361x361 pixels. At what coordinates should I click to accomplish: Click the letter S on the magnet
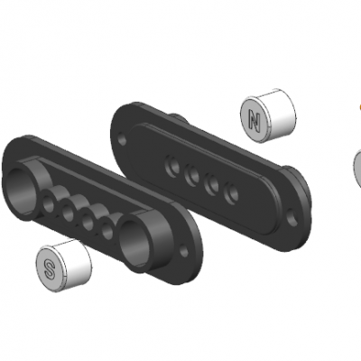tap(50, 266)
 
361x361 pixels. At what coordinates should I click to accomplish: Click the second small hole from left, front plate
tap(69, 213)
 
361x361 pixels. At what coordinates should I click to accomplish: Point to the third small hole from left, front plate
tap(88, 222)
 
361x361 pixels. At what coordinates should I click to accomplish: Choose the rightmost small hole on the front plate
tap(107, 231)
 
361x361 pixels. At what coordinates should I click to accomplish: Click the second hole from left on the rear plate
tap(191, 175)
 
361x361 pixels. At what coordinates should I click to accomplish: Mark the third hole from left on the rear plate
tap(213, 183)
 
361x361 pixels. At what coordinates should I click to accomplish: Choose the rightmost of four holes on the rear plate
tap(232, 191)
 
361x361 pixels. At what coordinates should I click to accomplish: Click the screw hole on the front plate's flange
tap(190, 264)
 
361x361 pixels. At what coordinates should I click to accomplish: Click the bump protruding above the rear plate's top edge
tap(179, 116)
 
